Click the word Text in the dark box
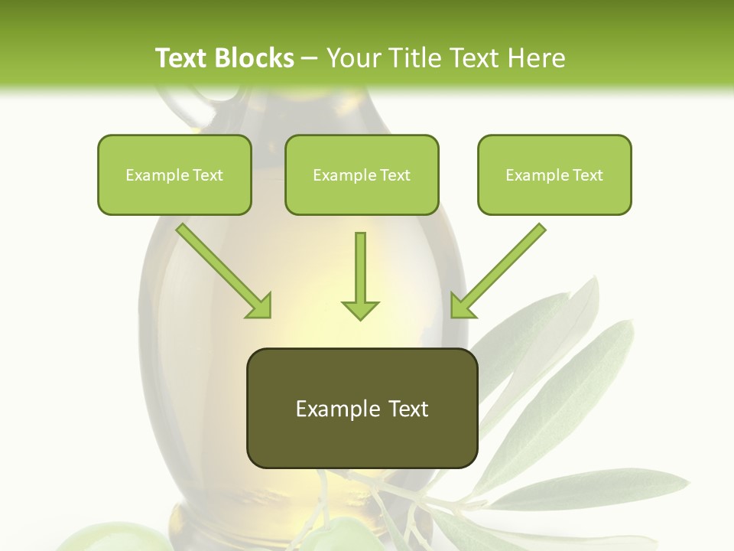407,409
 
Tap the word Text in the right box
587,175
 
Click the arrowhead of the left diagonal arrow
260,306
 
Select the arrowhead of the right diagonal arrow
462,306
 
